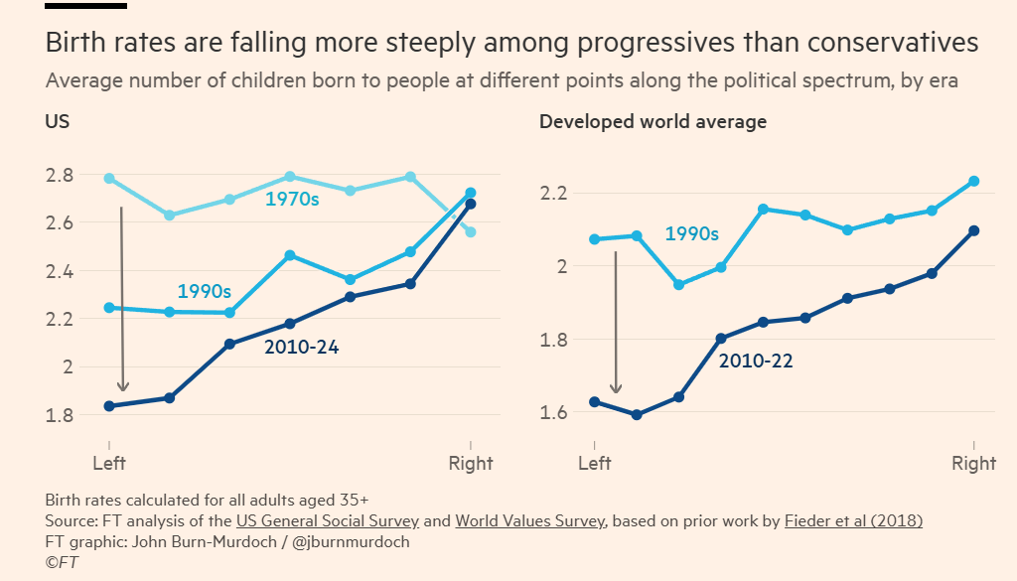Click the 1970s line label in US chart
point(292,200)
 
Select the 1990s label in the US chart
point(204,292)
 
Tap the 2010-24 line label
point(301,348)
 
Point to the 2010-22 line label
point(756,362)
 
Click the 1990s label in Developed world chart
point(691,234)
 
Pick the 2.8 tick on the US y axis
point(60,176)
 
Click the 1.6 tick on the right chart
point(555,412)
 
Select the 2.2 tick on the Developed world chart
point(555,193)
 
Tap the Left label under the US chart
point(109,463)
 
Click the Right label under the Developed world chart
point(973,463)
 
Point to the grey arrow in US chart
point(122,298)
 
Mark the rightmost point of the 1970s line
point(471,232)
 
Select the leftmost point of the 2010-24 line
point(109,406)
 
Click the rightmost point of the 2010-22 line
point(974,230)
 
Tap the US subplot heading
point(57,122)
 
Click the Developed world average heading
point(653,122)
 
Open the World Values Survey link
point(531,521)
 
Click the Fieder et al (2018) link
point(853,521)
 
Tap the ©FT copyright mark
point(62,562)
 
